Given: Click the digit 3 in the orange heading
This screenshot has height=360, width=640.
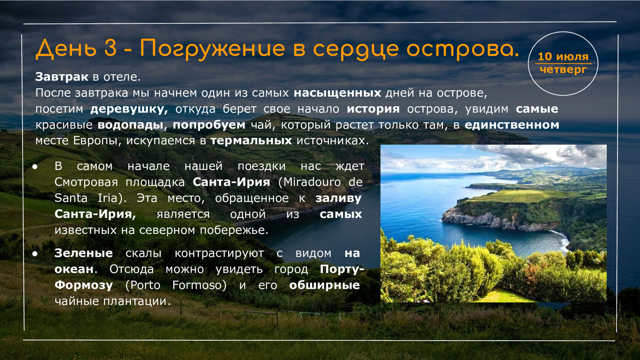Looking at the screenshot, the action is pos(110,47).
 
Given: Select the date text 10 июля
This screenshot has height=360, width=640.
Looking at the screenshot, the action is pos(563,57).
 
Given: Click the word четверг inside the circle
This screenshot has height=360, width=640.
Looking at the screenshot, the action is pos(563,69).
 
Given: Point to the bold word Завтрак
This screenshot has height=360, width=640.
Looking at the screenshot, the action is pos(62,77).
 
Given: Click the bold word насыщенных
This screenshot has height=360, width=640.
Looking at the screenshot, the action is pos(338,93).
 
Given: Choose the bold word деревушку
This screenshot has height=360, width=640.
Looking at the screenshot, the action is pos(130,109).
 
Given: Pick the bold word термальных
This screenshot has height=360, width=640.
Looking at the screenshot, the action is pos(251,141).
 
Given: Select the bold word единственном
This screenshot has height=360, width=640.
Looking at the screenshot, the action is pos(512,125).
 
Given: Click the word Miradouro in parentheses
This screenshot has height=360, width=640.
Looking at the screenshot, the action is pos(312,182).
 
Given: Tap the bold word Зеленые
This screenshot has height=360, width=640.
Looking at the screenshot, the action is pos(84,253).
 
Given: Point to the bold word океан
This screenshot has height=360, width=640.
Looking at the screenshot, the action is pos(74,269).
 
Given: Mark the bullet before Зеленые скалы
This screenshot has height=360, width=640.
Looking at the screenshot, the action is pos(35,253).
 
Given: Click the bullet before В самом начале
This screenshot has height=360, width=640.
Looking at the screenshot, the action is pos(35,166).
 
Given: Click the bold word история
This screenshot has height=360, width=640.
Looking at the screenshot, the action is pos(373,109).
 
